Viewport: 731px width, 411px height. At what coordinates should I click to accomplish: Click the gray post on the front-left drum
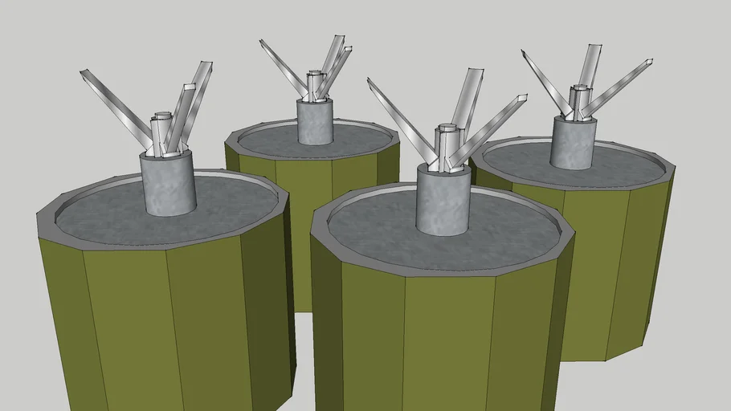click(168, 185)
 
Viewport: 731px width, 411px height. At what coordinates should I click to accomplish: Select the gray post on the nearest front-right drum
click(443, 201)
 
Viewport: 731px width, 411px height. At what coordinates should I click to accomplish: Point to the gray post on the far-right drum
click(574, 143)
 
